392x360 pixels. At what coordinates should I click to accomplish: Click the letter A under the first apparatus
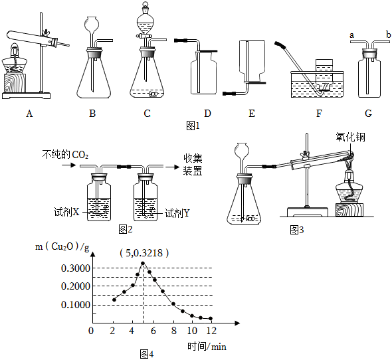[29, 114]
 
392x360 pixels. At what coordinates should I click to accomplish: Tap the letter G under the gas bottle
[368, 114]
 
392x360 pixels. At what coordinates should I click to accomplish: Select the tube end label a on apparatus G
[351, 35]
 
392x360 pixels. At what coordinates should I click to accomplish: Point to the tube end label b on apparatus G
[388, 35]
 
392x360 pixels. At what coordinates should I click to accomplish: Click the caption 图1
[193, 126]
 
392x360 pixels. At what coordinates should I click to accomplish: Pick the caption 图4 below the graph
[147, 354]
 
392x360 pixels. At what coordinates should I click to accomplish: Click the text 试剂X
[66, 212]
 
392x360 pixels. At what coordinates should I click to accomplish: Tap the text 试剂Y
[177, 213]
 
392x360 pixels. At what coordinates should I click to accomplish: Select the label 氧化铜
[350, 137]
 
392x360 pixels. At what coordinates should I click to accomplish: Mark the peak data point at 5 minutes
[143, 263]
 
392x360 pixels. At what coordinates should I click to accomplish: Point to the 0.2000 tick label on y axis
[76, 286]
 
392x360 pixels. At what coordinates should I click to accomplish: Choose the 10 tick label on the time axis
[192, 331]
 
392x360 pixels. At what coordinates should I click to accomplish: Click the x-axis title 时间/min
[207, 347]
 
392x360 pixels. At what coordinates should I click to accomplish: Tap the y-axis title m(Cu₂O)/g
[62, 247]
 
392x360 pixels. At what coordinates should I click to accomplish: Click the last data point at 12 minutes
[211, 319]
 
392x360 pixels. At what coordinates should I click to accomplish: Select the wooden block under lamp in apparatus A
[15, 83]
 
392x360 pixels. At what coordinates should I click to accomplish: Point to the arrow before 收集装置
[173, 167]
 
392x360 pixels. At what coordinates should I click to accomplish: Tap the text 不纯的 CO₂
[65, 155]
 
